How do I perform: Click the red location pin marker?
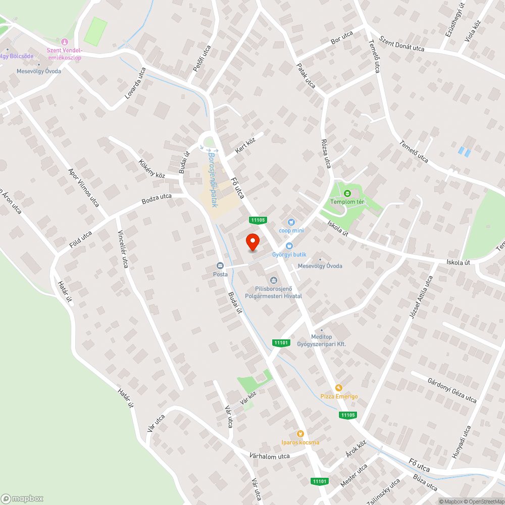[x=252, y=241]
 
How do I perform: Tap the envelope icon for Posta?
[x=220, y=266]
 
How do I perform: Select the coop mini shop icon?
[x=291, y=222]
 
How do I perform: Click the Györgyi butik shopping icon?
[x=289, y=246]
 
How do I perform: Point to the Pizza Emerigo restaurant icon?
[x=339, y=387]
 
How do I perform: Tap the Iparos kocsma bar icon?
[x=300, y=433]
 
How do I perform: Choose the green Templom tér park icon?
[x=347, y=193]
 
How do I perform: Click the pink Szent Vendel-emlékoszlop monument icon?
[x=64, y=41]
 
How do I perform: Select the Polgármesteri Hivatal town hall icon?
[x=274, y=280]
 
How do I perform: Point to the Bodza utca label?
[x=157, y=199]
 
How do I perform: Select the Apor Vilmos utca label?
[x=83, y=187]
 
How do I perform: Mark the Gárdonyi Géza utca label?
[x=451, y=390]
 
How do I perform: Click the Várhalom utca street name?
[x=270, y=456]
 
